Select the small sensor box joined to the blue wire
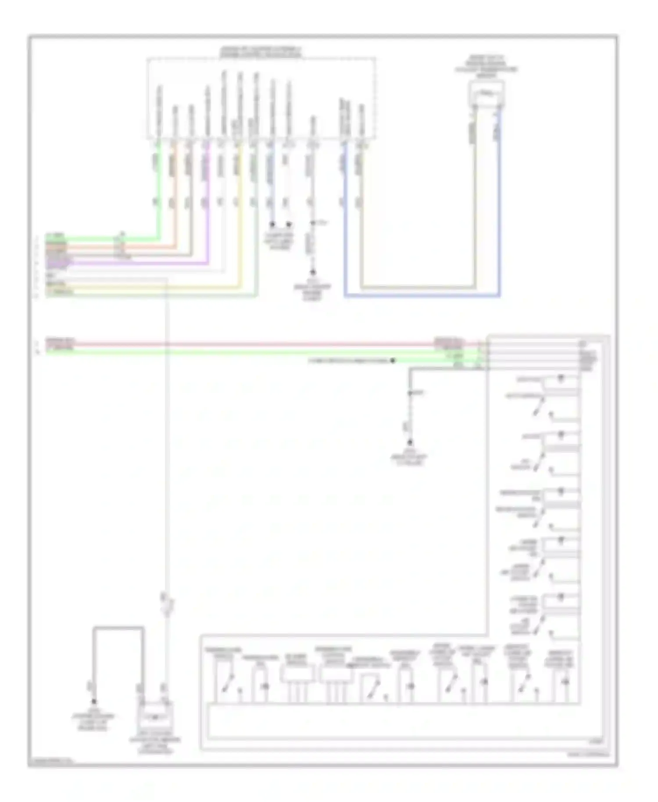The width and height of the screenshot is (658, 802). [x=486, y=93]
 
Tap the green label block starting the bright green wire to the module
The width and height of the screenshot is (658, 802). [x=56, y=238]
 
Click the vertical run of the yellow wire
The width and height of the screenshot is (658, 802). [x=240, y=219]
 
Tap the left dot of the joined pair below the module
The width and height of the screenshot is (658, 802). [x=272, y=224]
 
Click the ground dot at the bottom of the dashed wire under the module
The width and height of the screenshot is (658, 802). [x=313, y=272]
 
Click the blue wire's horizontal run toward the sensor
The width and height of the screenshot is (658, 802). [x=421, y=297]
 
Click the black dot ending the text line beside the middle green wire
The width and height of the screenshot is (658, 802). [x=393, y=361]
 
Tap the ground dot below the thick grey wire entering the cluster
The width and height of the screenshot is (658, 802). [x=410, y=443]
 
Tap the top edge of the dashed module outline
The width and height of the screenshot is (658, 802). [x=261, y=58]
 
